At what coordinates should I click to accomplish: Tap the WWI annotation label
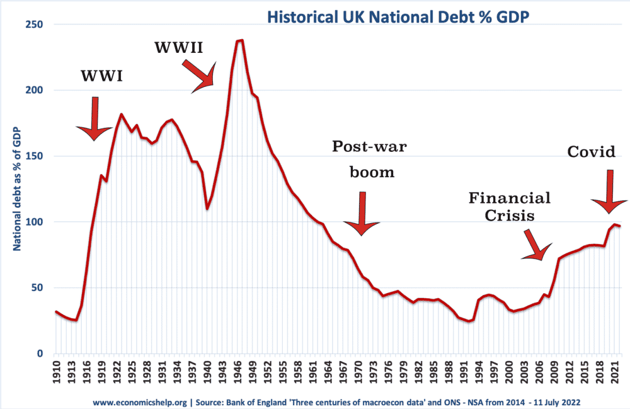point(101,77)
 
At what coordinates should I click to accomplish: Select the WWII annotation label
point(180,47)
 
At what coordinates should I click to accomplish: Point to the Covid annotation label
point(591,151)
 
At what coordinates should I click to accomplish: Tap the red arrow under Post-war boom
point(362,214)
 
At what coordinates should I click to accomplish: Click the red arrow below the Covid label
point(609,192)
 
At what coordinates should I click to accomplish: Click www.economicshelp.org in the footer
point(138,401)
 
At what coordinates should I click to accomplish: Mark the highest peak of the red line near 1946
point(241,41)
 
